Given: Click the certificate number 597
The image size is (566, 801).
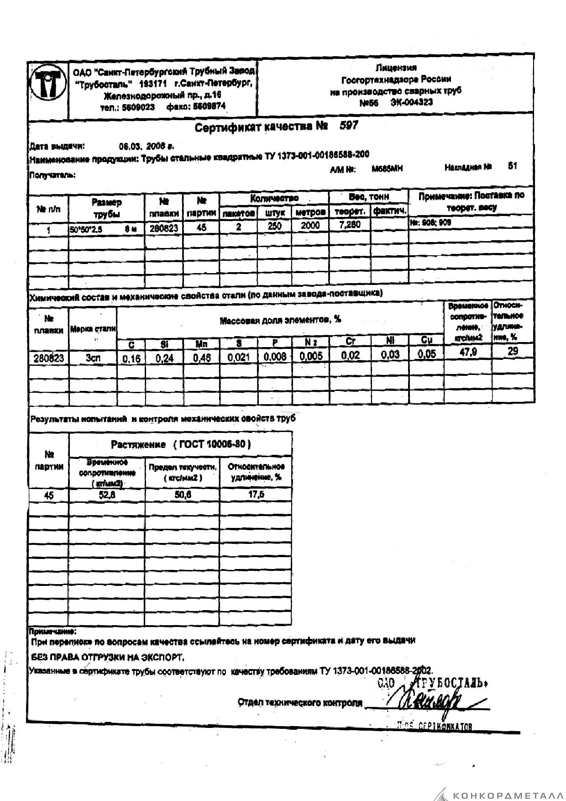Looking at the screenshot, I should tap(349, 126).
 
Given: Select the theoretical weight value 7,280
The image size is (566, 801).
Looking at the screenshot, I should tap(350, 225).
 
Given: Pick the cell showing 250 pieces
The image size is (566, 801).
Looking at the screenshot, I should tap(274, 226).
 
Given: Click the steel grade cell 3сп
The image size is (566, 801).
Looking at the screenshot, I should tap(93, 358).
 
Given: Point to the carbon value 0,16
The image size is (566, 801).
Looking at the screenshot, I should tap(131, 359).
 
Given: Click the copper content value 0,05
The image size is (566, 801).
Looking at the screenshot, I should tap(426, 354).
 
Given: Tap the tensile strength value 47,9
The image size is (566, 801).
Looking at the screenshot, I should tap(468, 352).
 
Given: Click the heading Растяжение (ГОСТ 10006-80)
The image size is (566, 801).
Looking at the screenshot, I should tap(181, 444).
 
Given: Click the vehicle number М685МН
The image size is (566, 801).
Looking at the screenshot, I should tap(387, 169).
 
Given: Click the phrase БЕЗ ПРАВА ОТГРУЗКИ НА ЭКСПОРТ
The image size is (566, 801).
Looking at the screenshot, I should tap(107, 658).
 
